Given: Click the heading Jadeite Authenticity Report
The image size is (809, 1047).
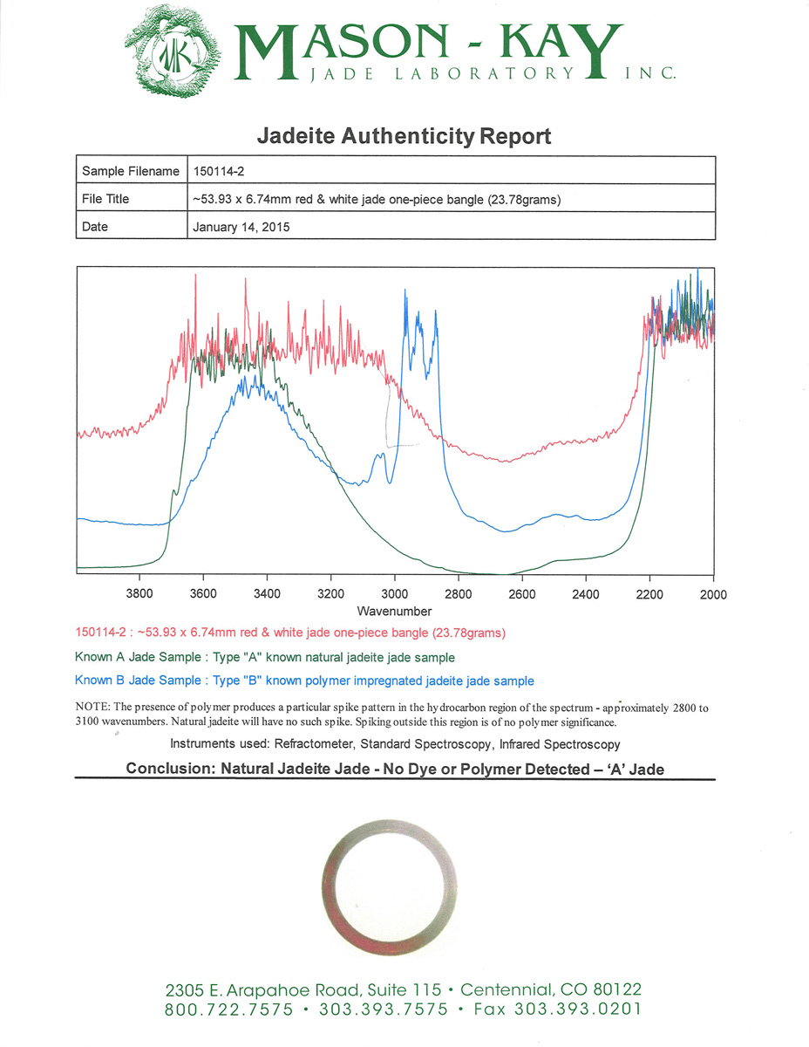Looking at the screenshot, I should [x=404, y=137].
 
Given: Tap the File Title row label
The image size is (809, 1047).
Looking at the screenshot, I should [x=105, y=199].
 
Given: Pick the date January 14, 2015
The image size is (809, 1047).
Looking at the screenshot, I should [x=241, y=227].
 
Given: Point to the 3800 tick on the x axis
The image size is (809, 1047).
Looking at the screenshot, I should [x=139, y=594].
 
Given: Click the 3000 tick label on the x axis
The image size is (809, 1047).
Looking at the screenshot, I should [x=394, y=594].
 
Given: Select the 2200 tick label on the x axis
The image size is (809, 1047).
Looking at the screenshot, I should [x=649, y=594].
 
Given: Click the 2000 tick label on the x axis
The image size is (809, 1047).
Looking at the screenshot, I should [x=713, y=594].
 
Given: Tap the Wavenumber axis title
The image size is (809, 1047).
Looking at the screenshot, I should [x=394, y=612].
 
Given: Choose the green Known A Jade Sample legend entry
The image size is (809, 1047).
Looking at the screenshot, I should [x=265, y=657].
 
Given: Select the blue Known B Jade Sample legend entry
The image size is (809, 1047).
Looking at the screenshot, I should [x=304, y=681].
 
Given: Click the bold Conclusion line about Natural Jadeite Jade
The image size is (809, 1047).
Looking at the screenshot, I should [x=396, y=770].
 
